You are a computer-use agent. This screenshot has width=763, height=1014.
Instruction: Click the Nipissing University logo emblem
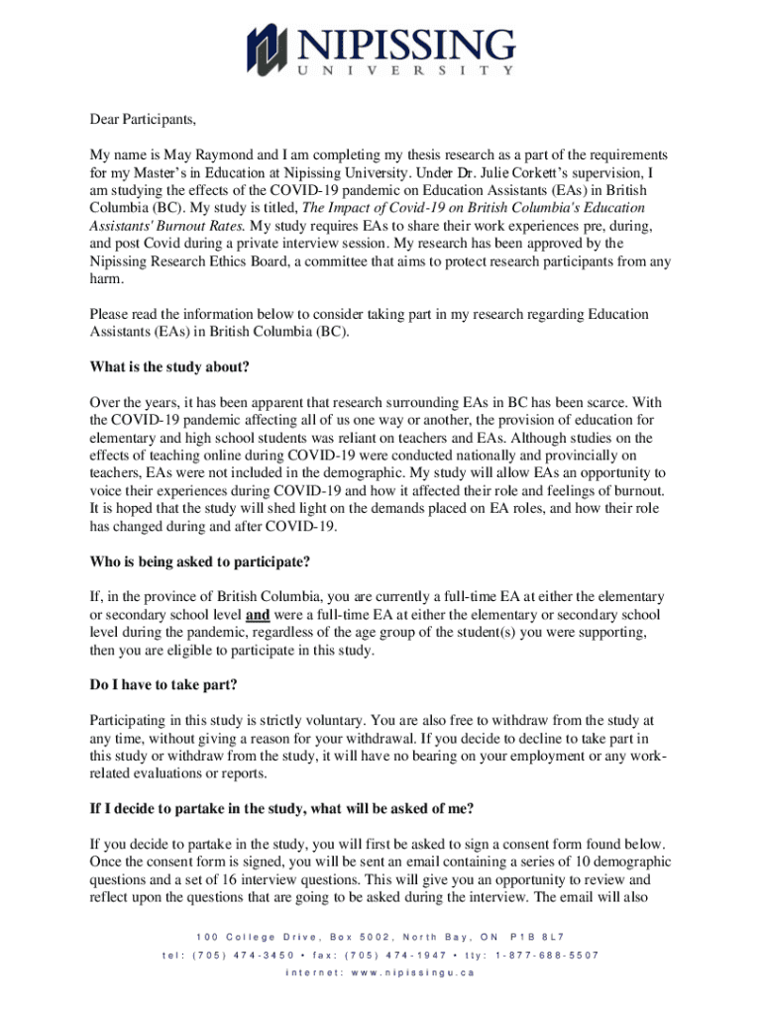(x=271, y=49)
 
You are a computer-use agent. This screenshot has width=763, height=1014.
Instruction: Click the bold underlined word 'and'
(x=259, y=615)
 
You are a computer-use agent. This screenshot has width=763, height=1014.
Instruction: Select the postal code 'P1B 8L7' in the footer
(x=537, y=937)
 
